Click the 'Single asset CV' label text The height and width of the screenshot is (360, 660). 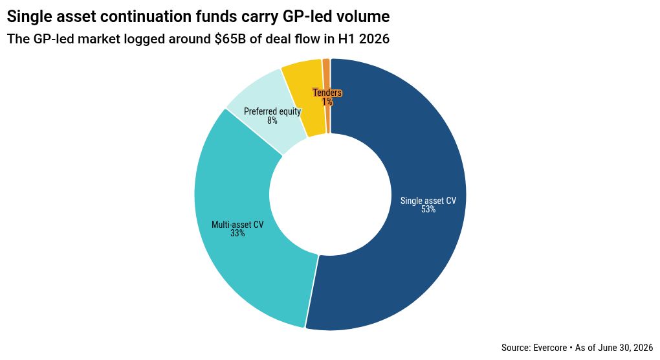click(428, 201)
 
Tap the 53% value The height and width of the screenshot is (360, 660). click(428, 209)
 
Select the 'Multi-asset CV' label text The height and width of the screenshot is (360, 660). click(237, 225)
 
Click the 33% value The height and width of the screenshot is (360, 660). click(237, 233)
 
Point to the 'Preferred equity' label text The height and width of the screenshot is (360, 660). click(272, 111)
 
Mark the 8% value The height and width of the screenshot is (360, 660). click(272, 120)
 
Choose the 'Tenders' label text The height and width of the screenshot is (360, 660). click(327, 93)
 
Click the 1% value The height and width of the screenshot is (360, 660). click(327, 102)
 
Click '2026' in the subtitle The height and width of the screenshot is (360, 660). click(374, 39)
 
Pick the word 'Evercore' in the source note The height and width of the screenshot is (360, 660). click(550, 348)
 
